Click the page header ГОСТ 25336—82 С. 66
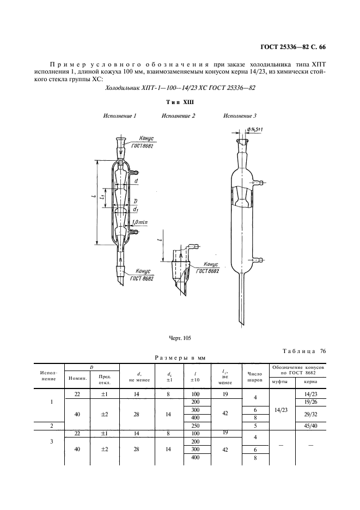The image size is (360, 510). [x=293, y=47]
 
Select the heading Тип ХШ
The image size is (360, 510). [x=180, y=102]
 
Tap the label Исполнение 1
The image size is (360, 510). [x=120, y=116]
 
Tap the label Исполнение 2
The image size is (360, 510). [x=178, y=116]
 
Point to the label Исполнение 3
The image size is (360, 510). [x=240, y=116]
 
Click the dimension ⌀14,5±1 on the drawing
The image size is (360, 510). [x=255, y=130]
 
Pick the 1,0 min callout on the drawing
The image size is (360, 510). [x=140, y=222]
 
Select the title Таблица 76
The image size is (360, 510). [x=304, y=351]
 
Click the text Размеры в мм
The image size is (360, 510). [x=180, y=358]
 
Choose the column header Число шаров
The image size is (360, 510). [x=255, y=377]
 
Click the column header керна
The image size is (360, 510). [x=310, y=382]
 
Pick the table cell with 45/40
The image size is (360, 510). [x=310, y=426]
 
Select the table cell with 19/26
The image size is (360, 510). [x=310, y=402]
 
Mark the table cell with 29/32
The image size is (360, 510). [x=310, y=414]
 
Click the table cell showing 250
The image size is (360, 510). [x=196, y=426]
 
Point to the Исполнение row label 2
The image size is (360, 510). [x=52, y=426]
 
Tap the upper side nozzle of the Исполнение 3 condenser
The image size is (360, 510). [x=259, y=183]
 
